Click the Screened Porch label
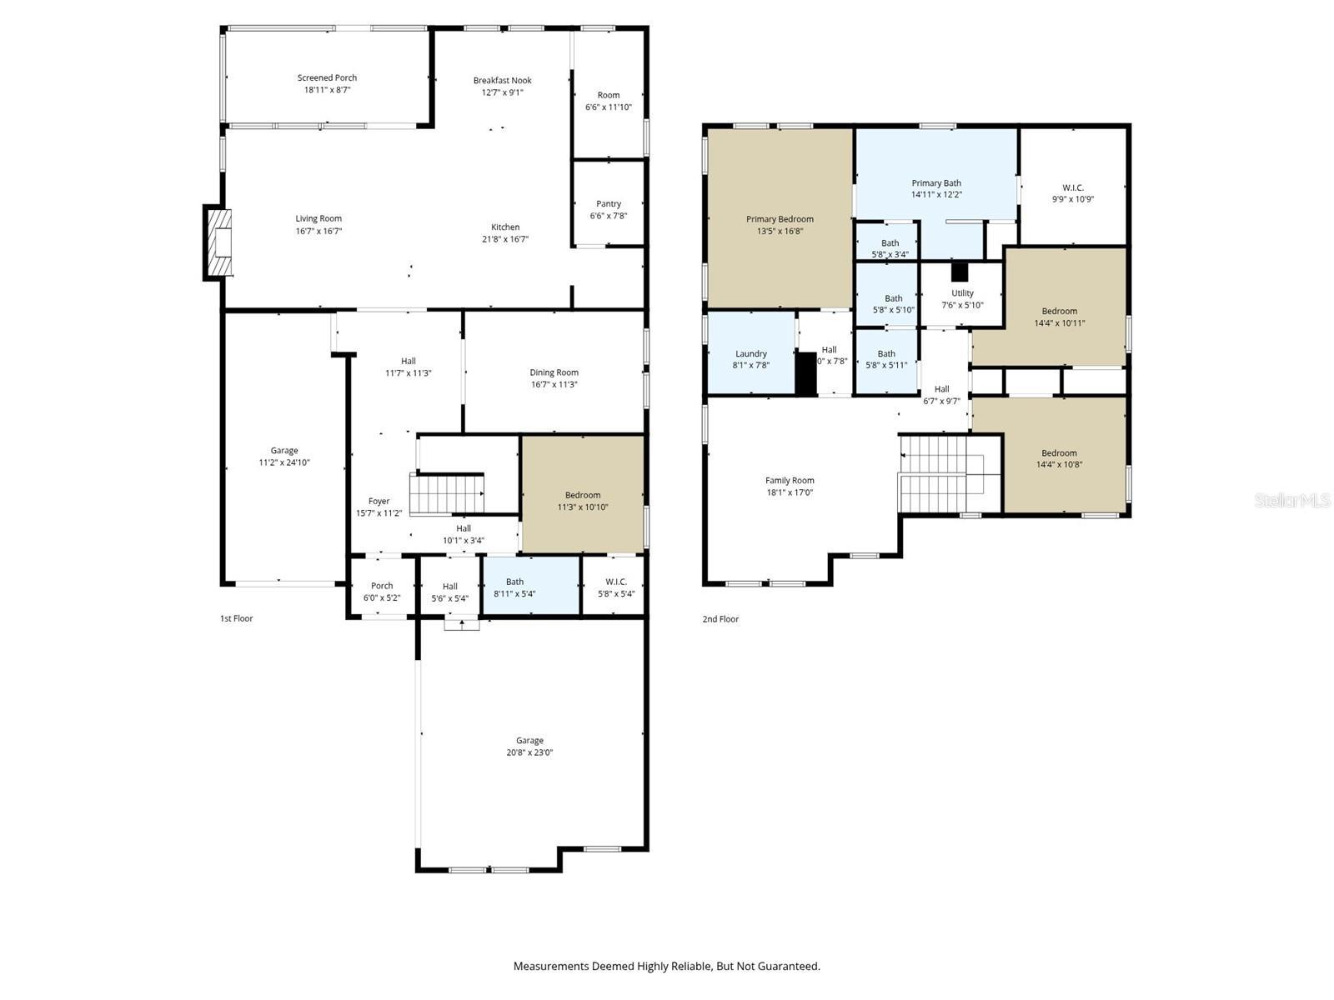click(x=327, y=77)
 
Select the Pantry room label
click(x=609, y=204)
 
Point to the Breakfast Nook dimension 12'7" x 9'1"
click(x=502, y=92)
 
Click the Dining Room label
click(x=554, y=372)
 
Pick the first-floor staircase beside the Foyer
click(x=447, y=493)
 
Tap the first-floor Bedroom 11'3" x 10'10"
click(x=583, y=494)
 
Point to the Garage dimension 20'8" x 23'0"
click(x=529, y=752)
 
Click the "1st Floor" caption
click(x=237, y=618)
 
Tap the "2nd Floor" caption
click(x=720, y=618)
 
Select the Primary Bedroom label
click(x=780, y=219)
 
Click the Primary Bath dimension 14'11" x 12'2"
click(x=936, y=194)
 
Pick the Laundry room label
click(x=751, y=353)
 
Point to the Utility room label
click(x=962, y=292)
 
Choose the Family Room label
click(x=790, y=480)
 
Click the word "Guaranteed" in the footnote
click(x=790, y=966)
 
